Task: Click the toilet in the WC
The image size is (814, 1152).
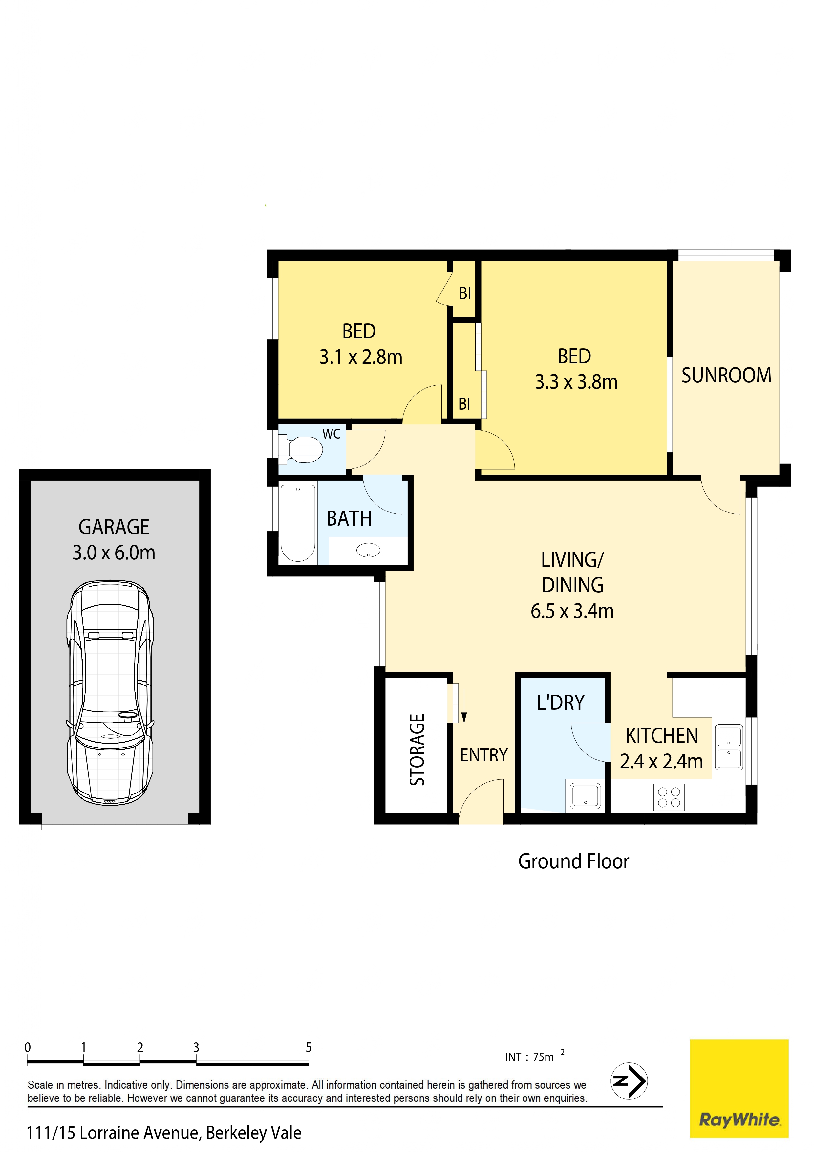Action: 302,449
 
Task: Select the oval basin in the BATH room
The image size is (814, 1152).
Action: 368,551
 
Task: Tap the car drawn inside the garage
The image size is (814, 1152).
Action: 110,693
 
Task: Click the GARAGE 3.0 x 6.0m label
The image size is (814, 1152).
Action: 114,540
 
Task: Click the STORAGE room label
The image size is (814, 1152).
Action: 417,750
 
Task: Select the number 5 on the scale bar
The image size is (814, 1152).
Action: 309,1047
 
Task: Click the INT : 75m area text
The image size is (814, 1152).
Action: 533,1057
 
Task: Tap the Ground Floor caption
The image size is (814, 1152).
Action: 573,861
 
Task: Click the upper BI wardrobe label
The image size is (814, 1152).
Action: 465,293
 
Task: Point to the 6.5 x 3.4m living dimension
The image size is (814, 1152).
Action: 572,611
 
